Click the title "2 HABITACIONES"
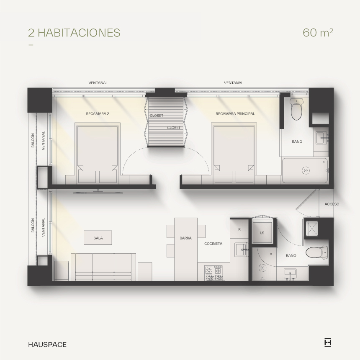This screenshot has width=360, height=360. [74, 33]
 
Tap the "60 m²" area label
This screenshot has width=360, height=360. [318, 32]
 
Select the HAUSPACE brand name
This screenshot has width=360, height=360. [47, 345]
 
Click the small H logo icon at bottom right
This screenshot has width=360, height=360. [328, 343]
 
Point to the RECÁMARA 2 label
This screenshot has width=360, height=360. [98, 113]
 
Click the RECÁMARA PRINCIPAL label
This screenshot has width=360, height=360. [235, 113]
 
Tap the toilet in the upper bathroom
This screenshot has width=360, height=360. [296, 109]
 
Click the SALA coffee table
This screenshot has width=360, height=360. [98, 238]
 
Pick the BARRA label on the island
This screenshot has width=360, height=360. [185, 238]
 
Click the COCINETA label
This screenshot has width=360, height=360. [213, 244]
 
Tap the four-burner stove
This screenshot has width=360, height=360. [214, 273]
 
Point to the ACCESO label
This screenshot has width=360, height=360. [332, 204]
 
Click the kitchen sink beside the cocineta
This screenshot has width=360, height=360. [241, 250]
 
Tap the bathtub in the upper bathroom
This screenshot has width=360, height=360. [305, 171]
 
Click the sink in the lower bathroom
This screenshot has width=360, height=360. [290, 274]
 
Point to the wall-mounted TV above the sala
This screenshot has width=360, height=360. [98, 192]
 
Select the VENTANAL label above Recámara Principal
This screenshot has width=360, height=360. [233, 83]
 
